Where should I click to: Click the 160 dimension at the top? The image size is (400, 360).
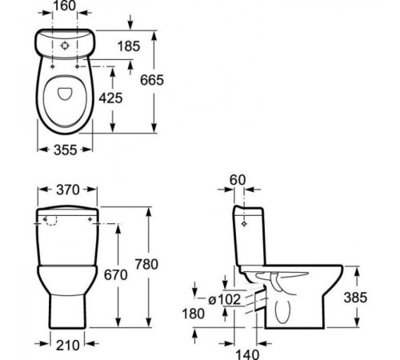click(x=65, y=6)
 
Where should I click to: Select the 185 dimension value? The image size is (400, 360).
click(x=129, y=46)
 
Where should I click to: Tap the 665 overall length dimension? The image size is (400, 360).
click(x=152, y=80)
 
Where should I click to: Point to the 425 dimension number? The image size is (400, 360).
click(x=110, y=98)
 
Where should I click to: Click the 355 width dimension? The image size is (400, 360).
click(x=66, y=150)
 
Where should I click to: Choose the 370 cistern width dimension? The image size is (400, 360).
click(x=68, y=190)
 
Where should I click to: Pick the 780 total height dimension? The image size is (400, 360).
click(x=146, y=264)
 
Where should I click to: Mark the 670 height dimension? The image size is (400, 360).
click(x=116, y=275)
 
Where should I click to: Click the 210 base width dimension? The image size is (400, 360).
click(x=68, y=346)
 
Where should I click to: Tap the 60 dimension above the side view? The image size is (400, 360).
click(x=238, y=180)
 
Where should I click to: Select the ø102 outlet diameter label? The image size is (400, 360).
click(x=225, y=299)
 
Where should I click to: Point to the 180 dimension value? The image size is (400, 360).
click(x=194, y=314)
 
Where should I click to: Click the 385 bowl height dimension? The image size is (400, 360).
click(x=355, y=298)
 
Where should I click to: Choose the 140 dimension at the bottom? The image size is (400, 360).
click(x=247, y=354)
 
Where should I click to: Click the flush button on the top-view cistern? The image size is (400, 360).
click(x=65, y=46)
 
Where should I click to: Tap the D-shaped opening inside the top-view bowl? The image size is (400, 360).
click(x=65, y=94)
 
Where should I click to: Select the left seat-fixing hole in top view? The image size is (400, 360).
click(x=53, y=66)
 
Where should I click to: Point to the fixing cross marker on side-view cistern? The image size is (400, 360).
click(x=244, y=224)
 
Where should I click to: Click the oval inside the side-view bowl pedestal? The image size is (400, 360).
click(x=282, y=312)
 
